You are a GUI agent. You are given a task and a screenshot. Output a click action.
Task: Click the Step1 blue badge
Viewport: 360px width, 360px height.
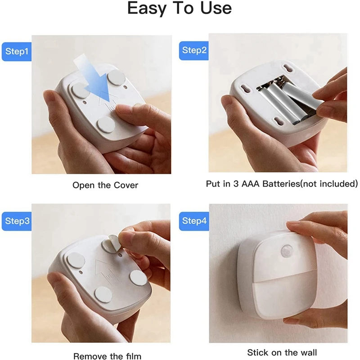click(x=17, y=52)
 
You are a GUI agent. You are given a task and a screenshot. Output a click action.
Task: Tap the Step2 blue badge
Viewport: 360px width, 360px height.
click(x=195, y=50)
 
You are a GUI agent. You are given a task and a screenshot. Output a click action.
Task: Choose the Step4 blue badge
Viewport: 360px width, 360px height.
click(x=195, y=221)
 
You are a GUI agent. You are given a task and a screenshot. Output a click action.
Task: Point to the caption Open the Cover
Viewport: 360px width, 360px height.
click(x=105, y=185)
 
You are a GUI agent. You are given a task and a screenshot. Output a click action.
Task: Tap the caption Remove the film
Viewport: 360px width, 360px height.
click(x=107, y=356)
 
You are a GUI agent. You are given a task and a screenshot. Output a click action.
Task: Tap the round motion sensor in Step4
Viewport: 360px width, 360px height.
click(x=286, y=251)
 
